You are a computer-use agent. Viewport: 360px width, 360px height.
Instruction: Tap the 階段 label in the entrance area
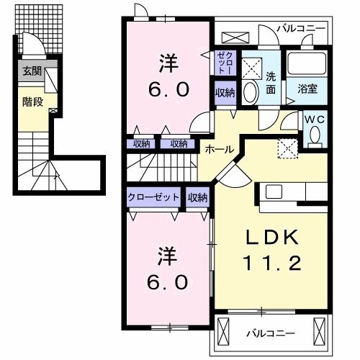32,102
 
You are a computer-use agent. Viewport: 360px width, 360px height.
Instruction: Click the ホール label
219,149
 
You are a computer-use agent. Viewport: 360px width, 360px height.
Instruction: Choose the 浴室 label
308,89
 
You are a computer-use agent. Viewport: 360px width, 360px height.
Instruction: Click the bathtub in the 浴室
308,64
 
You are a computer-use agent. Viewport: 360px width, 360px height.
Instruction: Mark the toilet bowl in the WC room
315,135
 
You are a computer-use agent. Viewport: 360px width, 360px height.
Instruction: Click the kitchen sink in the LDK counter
274,192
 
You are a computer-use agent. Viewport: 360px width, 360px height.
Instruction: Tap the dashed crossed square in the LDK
288,148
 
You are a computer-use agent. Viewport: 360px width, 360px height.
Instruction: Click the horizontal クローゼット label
154,197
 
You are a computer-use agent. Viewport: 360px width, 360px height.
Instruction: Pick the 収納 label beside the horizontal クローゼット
197,197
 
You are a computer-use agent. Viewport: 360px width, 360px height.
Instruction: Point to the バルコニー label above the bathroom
302,29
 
